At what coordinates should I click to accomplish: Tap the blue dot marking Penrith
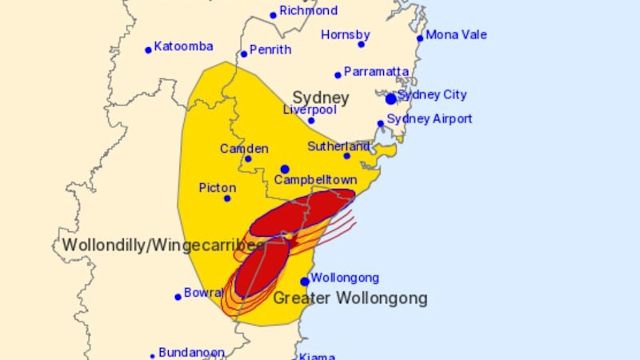click(244, 54)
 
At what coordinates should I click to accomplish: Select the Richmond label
click(308, 11)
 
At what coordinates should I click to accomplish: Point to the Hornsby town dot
click(361, 44)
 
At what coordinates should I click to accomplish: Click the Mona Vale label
click(456, 35)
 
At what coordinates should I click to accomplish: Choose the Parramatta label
click(376, 72)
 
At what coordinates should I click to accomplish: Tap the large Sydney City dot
click(390, 99)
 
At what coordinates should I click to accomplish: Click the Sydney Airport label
click(430, 119)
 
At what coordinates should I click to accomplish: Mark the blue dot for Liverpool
click(311, 121)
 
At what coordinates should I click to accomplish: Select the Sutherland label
click(339, 146)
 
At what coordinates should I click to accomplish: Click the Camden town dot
click(248, 158)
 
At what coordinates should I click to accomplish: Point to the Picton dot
click(227, 198)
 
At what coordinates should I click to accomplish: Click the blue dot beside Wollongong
click(305, 282)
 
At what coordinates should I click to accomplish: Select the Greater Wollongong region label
click(350, 299)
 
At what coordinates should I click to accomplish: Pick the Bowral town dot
click(178, 297)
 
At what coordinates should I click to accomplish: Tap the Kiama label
click(318, 357)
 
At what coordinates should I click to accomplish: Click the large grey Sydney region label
click(320, 98)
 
